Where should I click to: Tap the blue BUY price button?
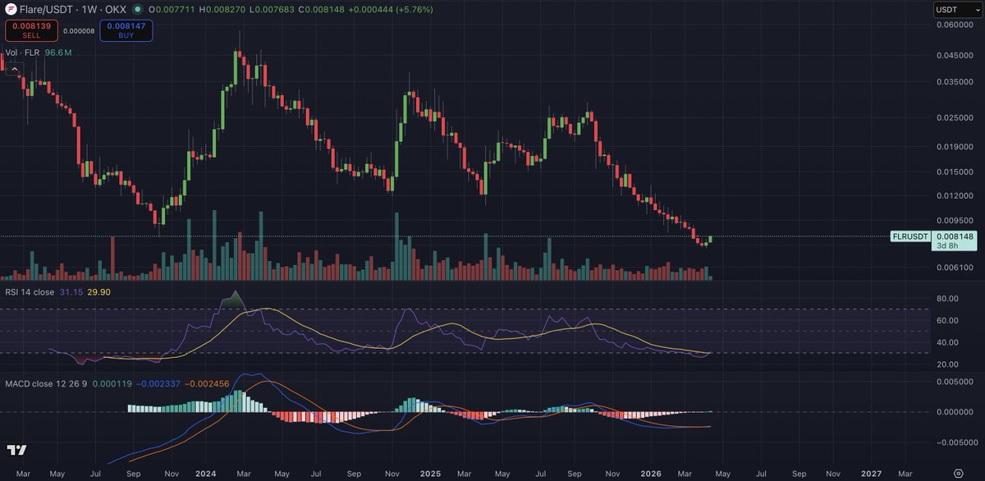tap(126, 30)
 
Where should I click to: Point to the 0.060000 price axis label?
tap(955, 25)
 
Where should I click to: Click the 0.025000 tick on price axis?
tap(955, 117)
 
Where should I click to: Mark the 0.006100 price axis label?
tap(955, 268)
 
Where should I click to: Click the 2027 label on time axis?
tap(871, 474)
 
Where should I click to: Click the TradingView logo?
tap(16, 451)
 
